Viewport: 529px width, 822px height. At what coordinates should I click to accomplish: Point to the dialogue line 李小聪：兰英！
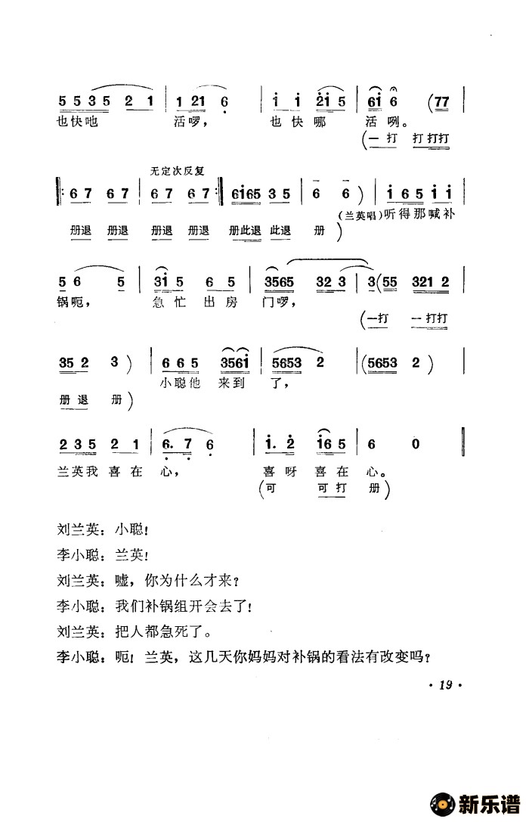(108, 556)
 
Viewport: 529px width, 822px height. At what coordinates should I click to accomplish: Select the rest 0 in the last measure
(415, 445)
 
